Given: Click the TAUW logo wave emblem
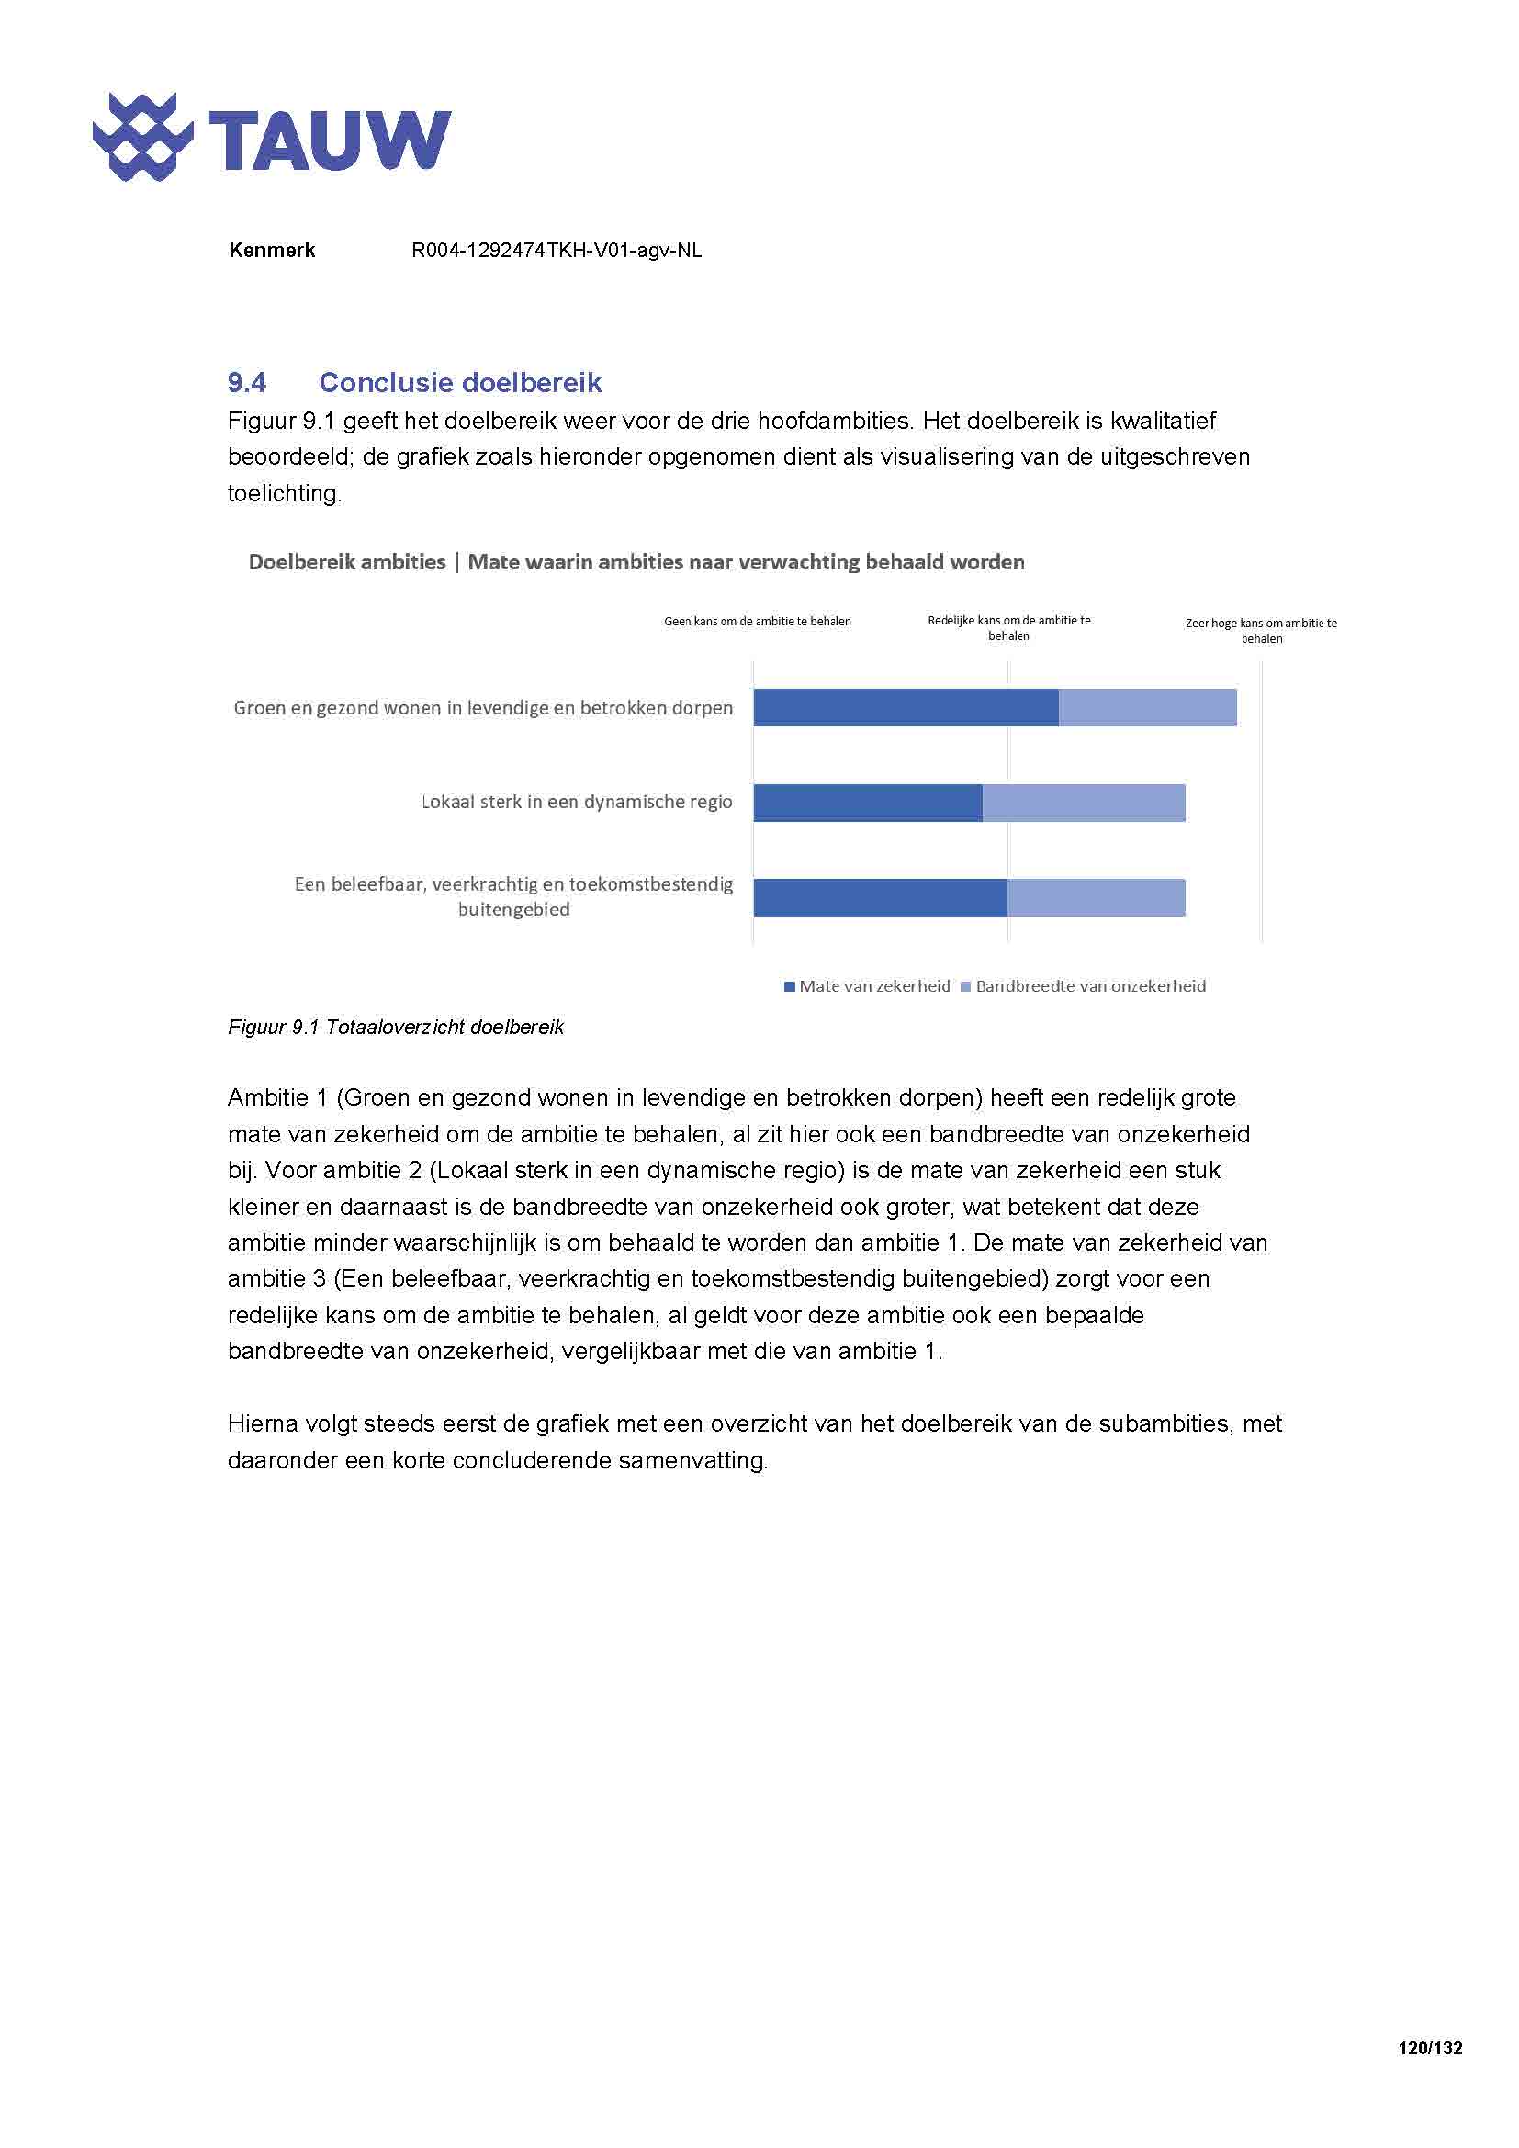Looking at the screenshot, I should [142, 138].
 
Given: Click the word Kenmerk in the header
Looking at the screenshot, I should [271, 250].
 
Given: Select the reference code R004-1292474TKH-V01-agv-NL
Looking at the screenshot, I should [557, 250].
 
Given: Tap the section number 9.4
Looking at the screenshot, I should [247, 382].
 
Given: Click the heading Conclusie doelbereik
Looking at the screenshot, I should [460, 382].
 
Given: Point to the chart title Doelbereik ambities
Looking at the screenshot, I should [347, 562].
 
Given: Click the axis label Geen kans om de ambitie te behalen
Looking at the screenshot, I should [758, 621].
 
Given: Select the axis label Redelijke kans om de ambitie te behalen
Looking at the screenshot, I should [1008, 628].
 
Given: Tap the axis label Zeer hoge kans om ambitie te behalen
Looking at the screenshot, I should [1261, 631].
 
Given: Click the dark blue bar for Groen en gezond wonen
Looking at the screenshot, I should [906, 707].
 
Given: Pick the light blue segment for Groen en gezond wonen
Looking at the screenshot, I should [1148, 707].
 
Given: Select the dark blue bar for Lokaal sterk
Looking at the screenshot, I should [868, 803].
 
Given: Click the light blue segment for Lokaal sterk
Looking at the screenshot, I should [1083, 803].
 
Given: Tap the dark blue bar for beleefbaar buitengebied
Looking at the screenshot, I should [880, 897].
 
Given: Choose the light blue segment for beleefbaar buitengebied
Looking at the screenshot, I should [1097, 897].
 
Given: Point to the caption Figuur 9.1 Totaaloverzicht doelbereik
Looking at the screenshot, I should [396, 1028].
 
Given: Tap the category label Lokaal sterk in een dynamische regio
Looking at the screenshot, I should [577, 802].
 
